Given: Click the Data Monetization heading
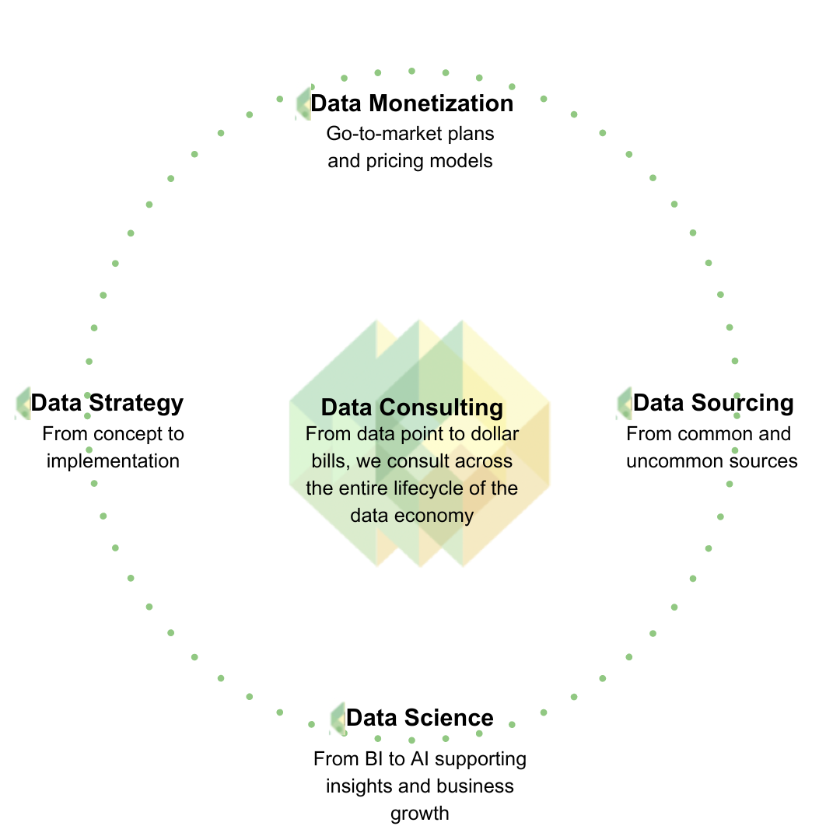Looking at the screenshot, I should coord(411,103).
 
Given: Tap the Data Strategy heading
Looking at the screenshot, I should coord(107,403).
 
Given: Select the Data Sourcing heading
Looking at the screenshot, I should coord(713,403).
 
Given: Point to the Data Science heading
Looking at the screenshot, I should coord(419,717).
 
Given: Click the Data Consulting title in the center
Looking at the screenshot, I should coord(411,408).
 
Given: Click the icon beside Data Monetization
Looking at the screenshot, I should coord(303,103).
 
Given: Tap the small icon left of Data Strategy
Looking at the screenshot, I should coord(23,404).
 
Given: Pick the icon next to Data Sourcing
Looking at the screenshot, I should coord(625,404).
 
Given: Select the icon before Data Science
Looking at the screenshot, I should coord(338,717).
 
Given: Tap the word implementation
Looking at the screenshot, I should coord(113,460).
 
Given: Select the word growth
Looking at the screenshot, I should coord(419,814).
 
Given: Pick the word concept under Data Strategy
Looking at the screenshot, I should coord(127,433).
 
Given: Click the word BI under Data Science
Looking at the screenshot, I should coord(373,758).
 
